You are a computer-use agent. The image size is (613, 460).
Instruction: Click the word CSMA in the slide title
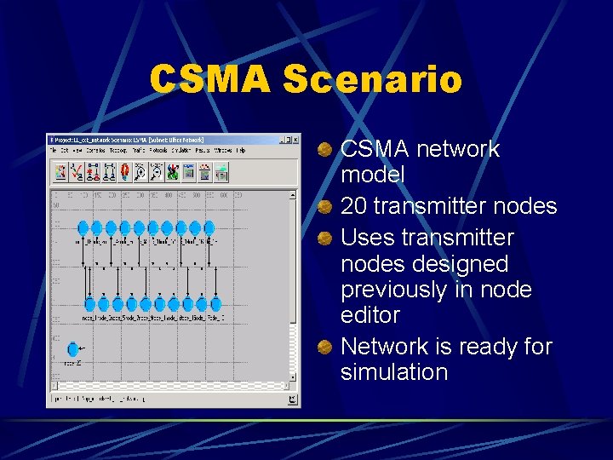click(211, 80)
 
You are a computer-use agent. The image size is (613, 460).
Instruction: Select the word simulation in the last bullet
click(393, 372)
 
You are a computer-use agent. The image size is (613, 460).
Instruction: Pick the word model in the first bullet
click(372, 175)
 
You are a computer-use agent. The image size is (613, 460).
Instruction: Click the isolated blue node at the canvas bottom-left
click(72, 348)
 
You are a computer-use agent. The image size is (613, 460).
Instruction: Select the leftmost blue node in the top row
click(83, 227)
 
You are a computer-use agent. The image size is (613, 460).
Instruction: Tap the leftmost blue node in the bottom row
click(89, 304)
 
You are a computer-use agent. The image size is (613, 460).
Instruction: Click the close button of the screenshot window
click(295, 139)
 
